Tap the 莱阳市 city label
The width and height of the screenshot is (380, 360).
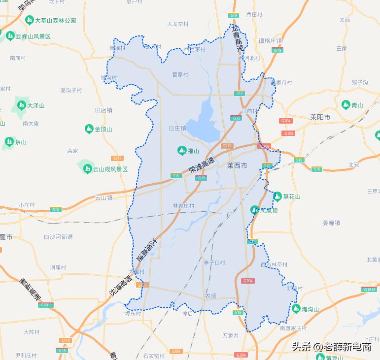(320, 117)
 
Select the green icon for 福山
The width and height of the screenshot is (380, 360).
(181, 151)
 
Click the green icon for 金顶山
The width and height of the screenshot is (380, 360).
(89, 129)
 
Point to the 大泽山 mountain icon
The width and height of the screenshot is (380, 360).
(21, 105)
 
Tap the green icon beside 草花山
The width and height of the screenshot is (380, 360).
(277, 196)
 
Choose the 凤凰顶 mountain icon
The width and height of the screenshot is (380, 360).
(255, 210)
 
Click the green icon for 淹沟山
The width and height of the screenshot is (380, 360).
(296, 309)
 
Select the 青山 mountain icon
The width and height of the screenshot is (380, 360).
(345, 105)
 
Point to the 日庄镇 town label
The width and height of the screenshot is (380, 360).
(177, 128)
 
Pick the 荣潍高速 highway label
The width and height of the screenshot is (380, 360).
(201, 164)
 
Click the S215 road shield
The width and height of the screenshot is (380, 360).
(227, 146)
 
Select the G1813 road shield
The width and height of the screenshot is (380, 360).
(370, 290)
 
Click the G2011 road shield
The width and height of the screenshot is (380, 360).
(45, 305)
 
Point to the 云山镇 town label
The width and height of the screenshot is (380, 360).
(104, 197)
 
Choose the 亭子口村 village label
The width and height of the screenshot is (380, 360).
(214, 263)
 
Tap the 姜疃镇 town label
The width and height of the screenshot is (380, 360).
(331, 223)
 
